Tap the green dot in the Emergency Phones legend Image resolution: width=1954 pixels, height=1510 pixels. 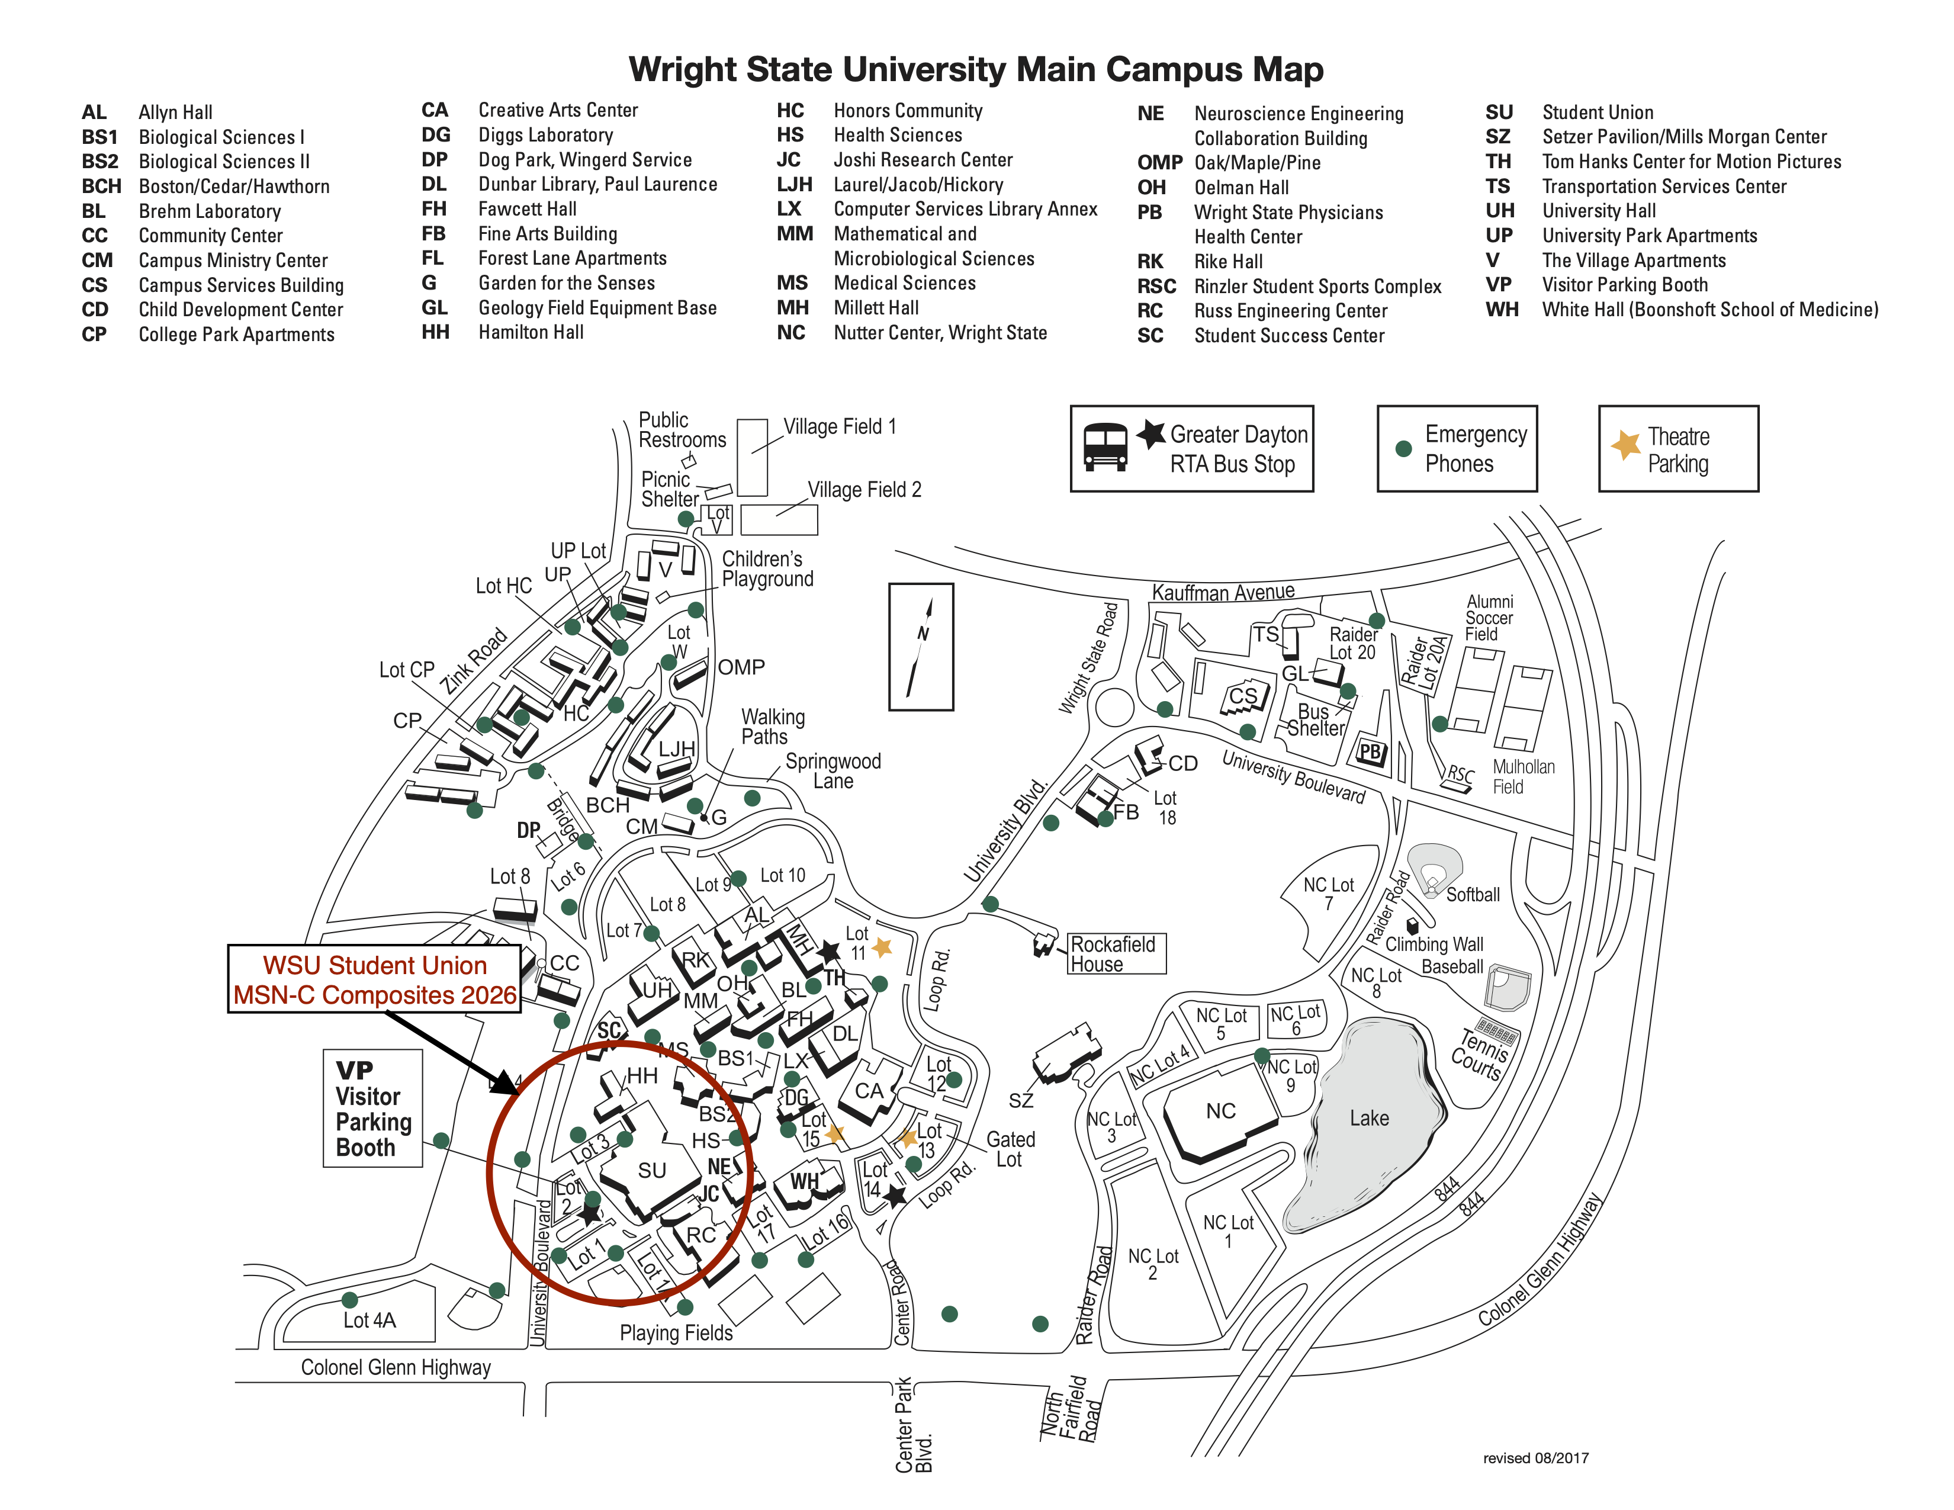click(x=1404, y=449)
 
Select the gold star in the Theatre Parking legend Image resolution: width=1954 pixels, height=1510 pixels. click(x=1625, y=445)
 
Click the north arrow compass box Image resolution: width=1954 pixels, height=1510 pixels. click(x=921, y=647)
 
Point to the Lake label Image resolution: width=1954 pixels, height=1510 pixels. click(x=1369, y=1118)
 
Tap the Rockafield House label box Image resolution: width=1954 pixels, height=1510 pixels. click(x=1117, y=953)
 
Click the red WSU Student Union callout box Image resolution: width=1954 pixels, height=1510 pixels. click(x=375, y=979)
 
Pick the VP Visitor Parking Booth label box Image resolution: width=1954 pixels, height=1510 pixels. click(x=372, y=1109)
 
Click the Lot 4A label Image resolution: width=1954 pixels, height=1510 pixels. click(x=369, y=1321)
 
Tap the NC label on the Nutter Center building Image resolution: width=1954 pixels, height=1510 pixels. click(x=1220, y=1111)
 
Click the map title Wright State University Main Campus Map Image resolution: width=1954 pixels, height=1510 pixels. click(x=975, y=69)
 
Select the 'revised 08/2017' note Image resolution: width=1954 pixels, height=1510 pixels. click(x=1535, y=1458)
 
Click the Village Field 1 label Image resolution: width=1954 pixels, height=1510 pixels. click(x=839, y=427)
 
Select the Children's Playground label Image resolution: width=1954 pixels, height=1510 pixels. click(x=767, y=569)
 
